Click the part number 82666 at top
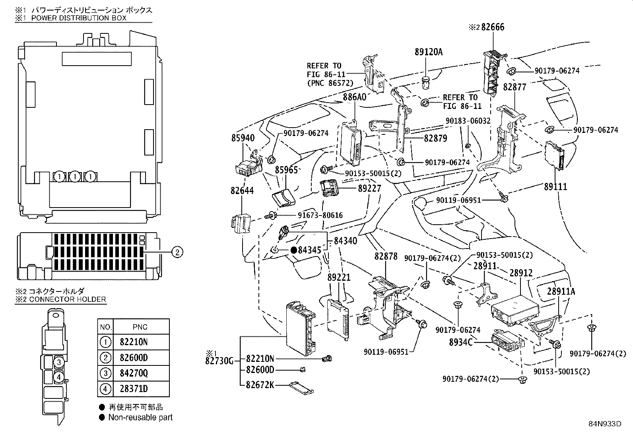(x=493, y=27)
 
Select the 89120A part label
(x=428, y=52)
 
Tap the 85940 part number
(x=243, y=138)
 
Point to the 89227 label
(x=369, y=188)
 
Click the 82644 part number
(x=242, y=190)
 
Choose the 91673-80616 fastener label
(x=320, y=216)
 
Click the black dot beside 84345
(x=294, y=250)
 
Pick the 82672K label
(x=260, y=385)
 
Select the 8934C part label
(x=461, y=342)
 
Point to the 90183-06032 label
(x=468, y=121)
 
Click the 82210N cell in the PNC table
(x=134, y=342)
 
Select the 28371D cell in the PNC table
(x=134, y=388)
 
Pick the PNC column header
(x=140, y=327)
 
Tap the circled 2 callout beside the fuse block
(x=177, y=251)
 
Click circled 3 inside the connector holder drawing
(x=58, y=362)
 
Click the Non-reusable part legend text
(x=140, y=418)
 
